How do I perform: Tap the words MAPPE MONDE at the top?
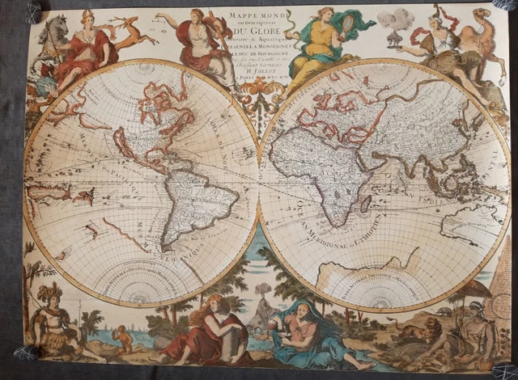(259, 14)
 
